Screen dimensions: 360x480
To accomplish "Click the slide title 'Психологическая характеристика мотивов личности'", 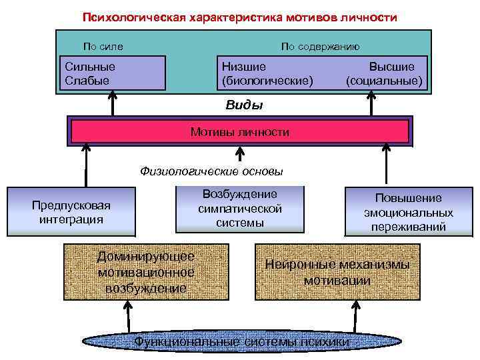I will click(x=239, y=18).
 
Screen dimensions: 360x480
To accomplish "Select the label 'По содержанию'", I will click(x=320, y=47).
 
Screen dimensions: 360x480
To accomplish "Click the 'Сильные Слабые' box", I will click(x=113, y=73).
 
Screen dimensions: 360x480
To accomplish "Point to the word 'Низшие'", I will click(x=243, y=67).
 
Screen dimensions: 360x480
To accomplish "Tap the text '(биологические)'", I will click(x=267, y=81).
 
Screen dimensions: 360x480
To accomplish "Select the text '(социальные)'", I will click(x=384, y=81).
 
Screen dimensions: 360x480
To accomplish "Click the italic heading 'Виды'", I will click(x=244, y=105).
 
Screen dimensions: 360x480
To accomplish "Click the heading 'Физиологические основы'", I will click(x=211, y=171).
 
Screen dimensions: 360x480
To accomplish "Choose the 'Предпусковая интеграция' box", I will click(x=71, y=212).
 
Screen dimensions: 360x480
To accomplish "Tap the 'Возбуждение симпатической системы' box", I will click(x=240, y=208).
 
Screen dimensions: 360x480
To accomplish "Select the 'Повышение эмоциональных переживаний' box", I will click(x=408, y=212).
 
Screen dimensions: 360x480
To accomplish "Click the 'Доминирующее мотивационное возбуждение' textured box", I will click(x=145, y=272).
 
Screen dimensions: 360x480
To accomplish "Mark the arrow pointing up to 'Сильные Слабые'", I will click(x=113, y=103).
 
